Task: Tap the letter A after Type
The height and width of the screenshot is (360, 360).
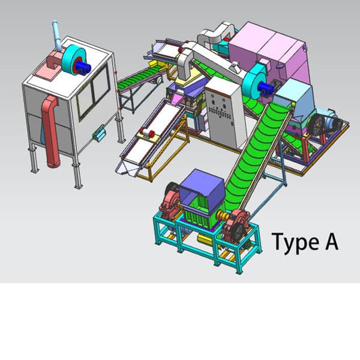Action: click(x=330, y=242)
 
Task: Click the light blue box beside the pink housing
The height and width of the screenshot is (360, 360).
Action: click(x=295, y=96)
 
